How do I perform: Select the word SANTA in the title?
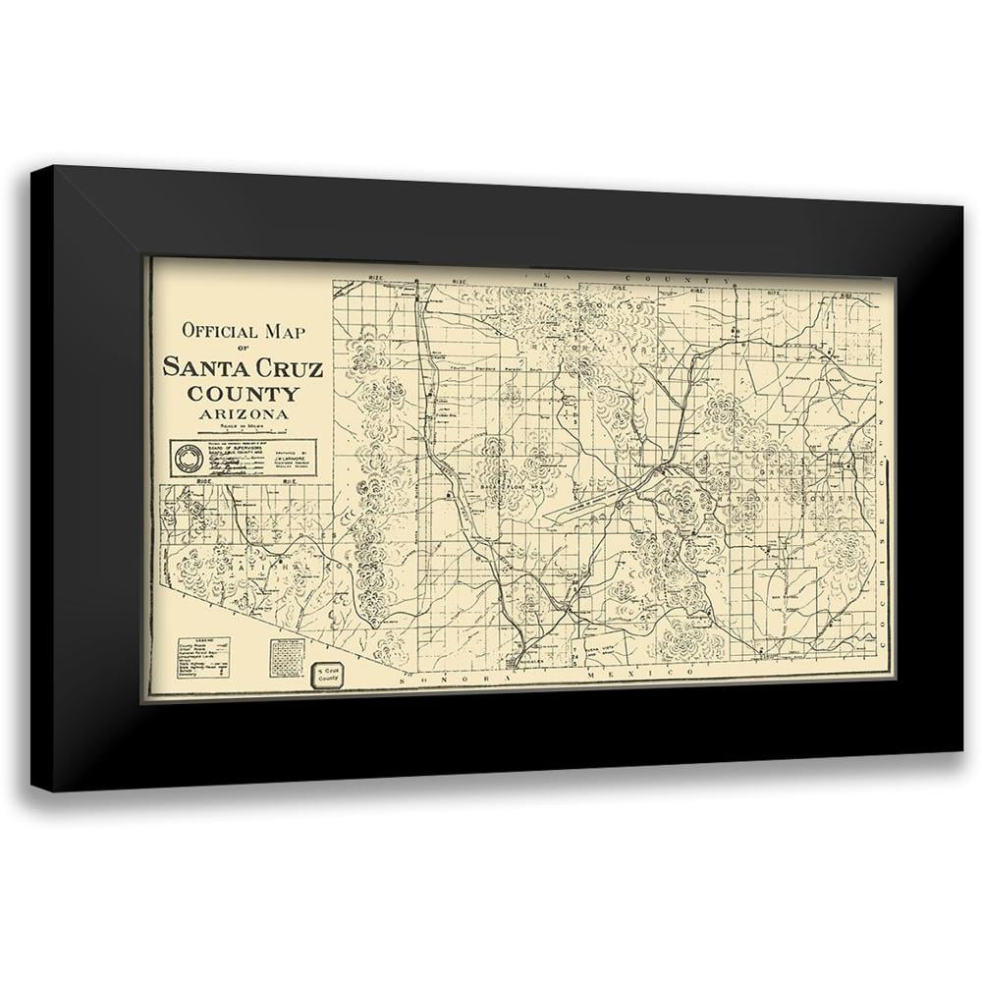click(197, 369)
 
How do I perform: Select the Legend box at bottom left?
click(217, 654)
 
